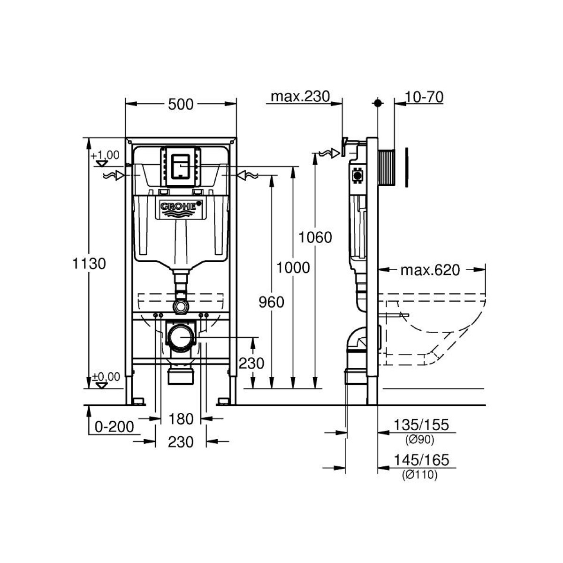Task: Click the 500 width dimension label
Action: (181, 104)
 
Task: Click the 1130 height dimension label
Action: (89, 264)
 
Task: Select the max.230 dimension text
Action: (300, 96)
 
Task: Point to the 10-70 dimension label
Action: (424, 97)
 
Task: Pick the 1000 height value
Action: (293, 267)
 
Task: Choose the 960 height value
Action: (271, 302)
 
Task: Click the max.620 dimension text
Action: (430, 270)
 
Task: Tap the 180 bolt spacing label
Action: (181, 419)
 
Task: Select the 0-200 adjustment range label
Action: (114, 427)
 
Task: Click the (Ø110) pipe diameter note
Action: (420, 475)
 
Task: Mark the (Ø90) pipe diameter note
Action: (420, 440)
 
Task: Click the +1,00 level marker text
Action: (105, 155)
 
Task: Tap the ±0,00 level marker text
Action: (106, 377)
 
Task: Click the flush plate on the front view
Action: (181, 167)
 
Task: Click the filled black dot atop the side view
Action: (378, 103)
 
